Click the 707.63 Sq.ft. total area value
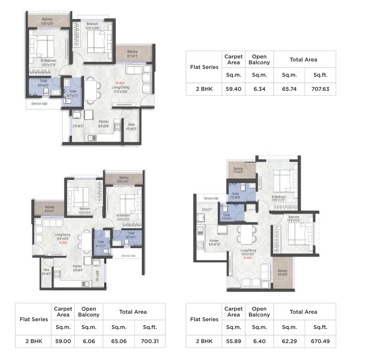pyautogui.click(x=320, y=89)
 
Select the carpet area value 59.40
pyautogui.click(x=233, y=89)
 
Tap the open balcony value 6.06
pyautogui.click(x=89, y=341)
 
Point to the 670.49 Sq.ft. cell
pyautogui.click(x=320, y=341)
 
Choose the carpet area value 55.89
pyautogui.click(x=233, y=341)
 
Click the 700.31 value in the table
pyautogui.click(x=150, y=341)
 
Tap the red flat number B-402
pyautogui.click(x=120, y=83)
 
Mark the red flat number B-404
pyautogui.click(x=247, y=257)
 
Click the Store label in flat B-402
pyautogui.click(x=131, y=125)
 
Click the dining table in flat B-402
pyautogui.click(x=91, y=90)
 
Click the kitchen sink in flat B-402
pyautogui.click(x=92, y=138)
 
